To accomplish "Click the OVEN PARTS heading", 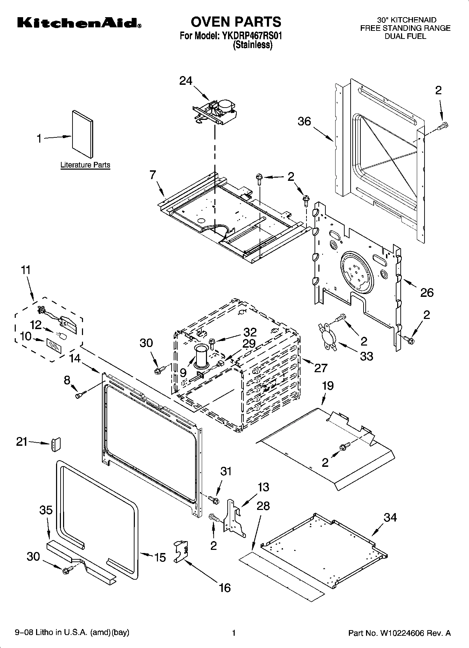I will (x=235, y=22).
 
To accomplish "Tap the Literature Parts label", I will (x=85, y=165).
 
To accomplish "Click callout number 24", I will (x=186, y=81).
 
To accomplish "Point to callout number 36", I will (x=304, y=121).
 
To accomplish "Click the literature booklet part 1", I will (x=83, y=134).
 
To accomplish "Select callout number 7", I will (x=153, y=175).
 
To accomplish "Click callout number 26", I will (x=427, y=292).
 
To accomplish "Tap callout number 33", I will (x=367, y=356).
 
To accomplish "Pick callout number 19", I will (x=327, y=386).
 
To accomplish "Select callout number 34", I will (x=390, y=517).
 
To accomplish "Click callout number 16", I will (x=225, y=587).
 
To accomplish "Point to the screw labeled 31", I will (x=214, y=498).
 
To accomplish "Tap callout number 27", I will (x=320, y=368).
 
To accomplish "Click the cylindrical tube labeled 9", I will (x=201, y=356).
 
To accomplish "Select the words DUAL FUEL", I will (x=405, y=36).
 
